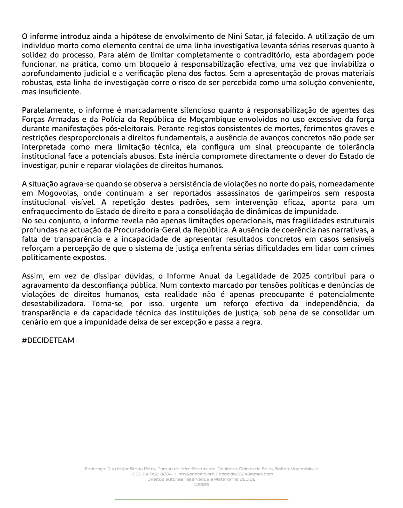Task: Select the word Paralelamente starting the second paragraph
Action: click(x=48, y=110)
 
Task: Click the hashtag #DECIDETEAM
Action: click(x=48, y=340)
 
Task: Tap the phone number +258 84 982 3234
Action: click(x=151, y=474)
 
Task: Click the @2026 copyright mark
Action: click(x=201, y=485)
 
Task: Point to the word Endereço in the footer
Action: click(x=95, y=469)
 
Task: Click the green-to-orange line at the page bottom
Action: click(x=201, y=500)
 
